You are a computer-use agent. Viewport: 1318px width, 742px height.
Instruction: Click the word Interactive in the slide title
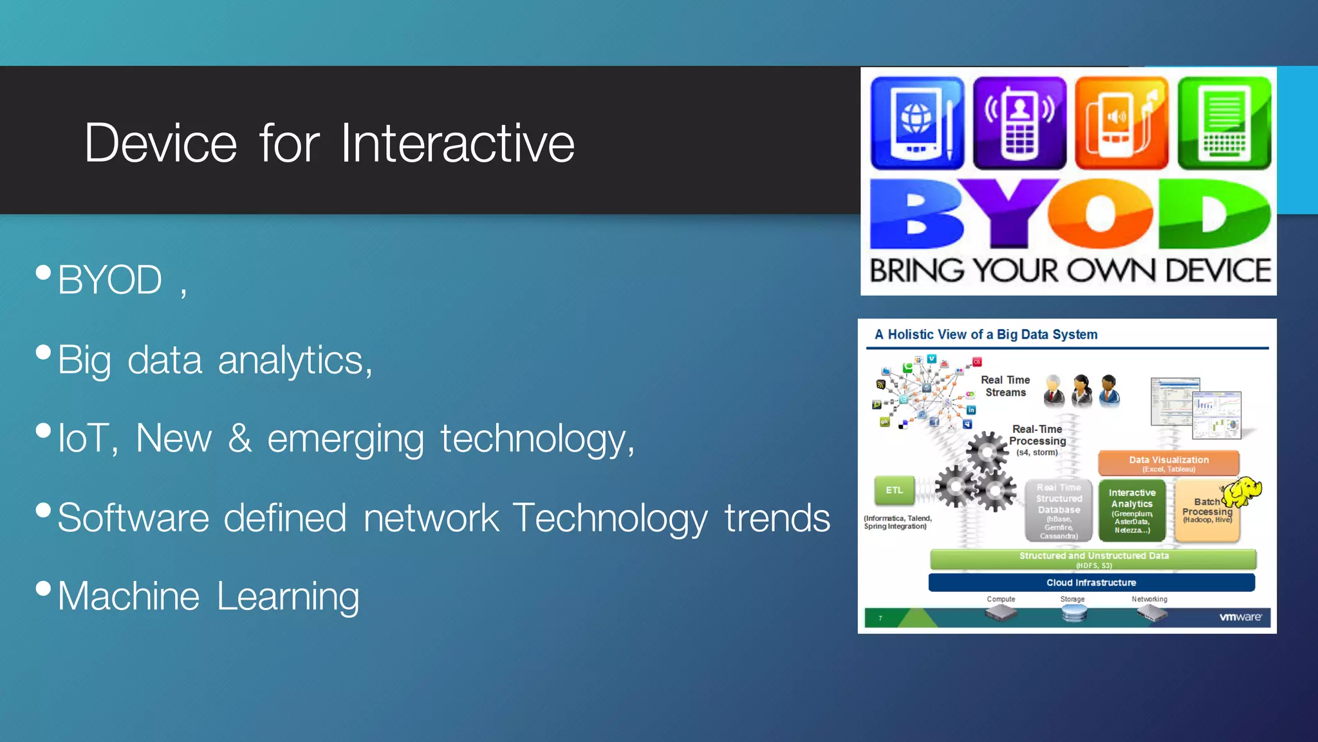457,143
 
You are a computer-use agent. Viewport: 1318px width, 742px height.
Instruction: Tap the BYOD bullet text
109,280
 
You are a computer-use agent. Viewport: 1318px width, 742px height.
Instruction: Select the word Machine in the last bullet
129,596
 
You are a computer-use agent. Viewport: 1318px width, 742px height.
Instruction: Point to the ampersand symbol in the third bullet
239,439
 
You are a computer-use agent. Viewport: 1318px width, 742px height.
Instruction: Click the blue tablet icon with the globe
917,123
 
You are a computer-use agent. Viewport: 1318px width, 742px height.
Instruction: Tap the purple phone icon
1019,123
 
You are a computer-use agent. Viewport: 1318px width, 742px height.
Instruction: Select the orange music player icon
1121,123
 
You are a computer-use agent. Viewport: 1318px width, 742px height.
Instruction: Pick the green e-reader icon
1224,123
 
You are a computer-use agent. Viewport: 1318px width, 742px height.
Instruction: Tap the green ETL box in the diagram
895,490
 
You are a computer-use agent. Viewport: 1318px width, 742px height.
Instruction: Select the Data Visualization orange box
1169,463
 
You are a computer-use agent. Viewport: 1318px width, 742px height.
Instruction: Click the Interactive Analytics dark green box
1132,510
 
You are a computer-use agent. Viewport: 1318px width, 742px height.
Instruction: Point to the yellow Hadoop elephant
1241,492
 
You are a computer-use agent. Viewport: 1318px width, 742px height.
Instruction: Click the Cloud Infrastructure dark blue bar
1091,582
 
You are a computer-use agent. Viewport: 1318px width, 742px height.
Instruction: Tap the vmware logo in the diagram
1240,617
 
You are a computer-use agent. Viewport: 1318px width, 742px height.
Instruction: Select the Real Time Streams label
1005,386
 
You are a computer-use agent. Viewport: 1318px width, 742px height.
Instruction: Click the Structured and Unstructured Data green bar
1093,558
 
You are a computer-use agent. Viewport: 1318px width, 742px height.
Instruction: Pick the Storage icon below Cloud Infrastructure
1073,613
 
